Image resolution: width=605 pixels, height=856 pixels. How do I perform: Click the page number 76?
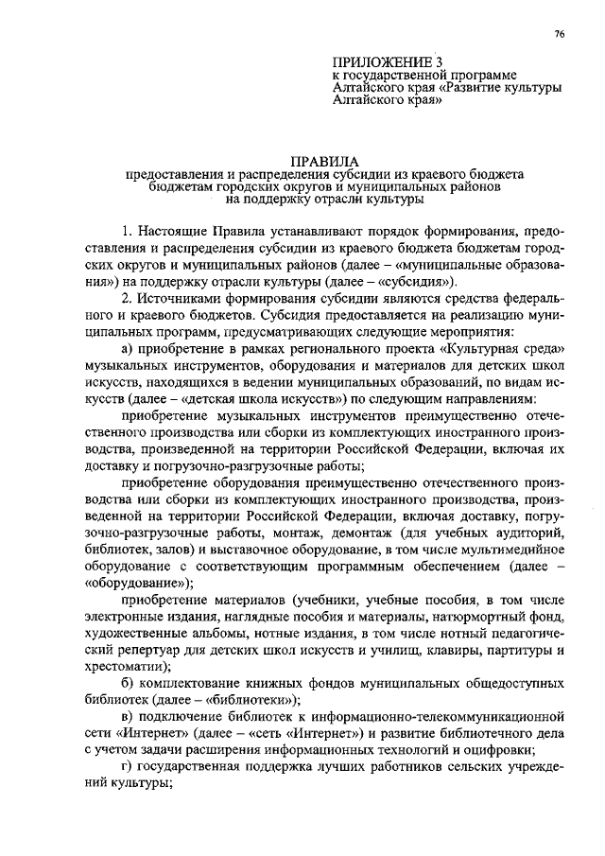559,34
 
